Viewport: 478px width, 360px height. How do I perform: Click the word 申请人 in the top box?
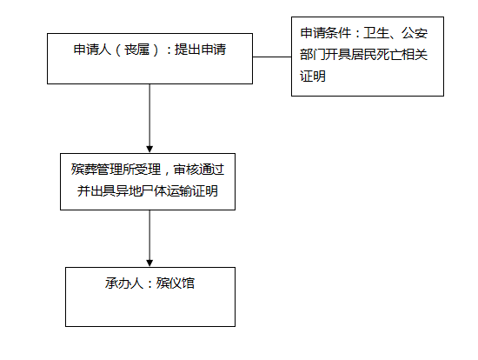coord(92,50)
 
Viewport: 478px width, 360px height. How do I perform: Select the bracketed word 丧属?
coord(136,50)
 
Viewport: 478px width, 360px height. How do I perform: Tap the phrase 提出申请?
coord(200,50)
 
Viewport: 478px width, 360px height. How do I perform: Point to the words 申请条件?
coord(326,33)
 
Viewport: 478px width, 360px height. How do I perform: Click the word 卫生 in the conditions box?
coord(376,33)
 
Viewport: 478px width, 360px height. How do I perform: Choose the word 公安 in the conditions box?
coord(415,33)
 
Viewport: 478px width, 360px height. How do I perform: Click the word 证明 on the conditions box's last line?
coord(313,77)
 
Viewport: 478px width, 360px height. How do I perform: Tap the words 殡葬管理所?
coord(103,170)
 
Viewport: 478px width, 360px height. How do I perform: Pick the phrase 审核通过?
coord(199,170)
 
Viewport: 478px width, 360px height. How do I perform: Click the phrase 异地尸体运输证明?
coord(167,191)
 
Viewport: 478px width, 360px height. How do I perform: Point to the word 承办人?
coord(124,283)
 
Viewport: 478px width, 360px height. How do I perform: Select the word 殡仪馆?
coord(176,283)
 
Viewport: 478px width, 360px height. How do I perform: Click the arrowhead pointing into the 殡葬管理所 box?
coord(149,149)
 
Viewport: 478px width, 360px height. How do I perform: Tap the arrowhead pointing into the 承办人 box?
coord(149,263)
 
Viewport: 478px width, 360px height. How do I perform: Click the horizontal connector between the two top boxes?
coord(272,57)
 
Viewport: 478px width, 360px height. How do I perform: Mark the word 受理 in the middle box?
coord(148,170)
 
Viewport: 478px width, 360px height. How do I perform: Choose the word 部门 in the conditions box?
coord(313,55)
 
